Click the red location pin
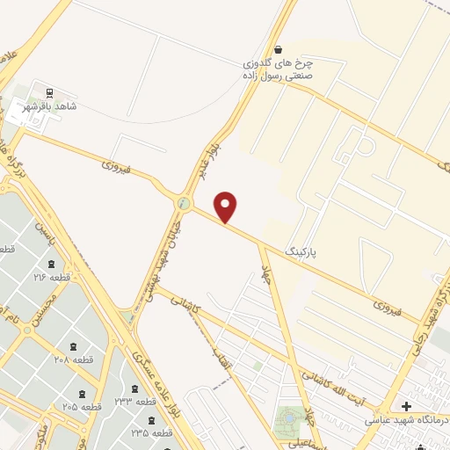pyautogui.click(x=227, y=207)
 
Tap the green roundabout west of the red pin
pyautogui.click(x=184, y=203)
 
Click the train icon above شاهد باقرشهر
pyautogui.click(x=49, y=91)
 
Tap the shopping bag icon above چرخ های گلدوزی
pyautogui.click(x=279, y=49)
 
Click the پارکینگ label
pyautogui.click(x=301, y=251)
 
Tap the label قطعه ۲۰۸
pyautogui.click(x=73, y=360)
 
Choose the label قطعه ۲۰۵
pyautogui.click(x=82, y=407)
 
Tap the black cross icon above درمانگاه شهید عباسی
pyautogui.click(x=405, y=406)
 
